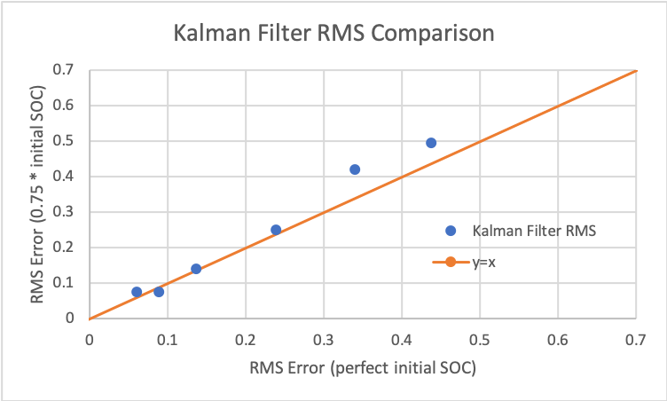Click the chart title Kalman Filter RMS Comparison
(x=333, y=35)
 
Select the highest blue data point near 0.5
(x=431, y=143)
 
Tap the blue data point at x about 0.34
(x=355, y=169)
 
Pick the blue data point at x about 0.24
(x=276, y=230)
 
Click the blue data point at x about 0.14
(x=196, y=269)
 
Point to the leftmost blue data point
(x=137, y=292)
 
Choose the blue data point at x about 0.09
(x=159, y=292)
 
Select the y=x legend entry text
(x=484, y=262)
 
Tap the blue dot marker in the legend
(x=451, y=231)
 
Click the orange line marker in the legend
(x=451, y=262)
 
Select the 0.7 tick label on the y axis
(x=66, y=70)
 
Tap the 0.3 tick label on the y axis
(x=66, y=212)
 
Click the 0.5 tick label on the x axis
(x=480, y=339)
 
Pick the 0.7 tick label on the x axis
(x=636, y=339)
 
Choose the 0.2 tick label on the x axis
(x=246, y=339)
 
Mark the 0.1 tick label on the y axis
(x=66, y=283)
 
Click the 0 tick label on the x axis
(x=90, y=339)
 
